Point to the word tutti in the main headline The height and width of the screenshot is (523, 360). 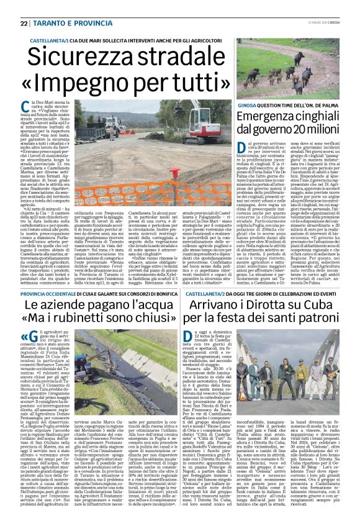pos(169,79)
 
